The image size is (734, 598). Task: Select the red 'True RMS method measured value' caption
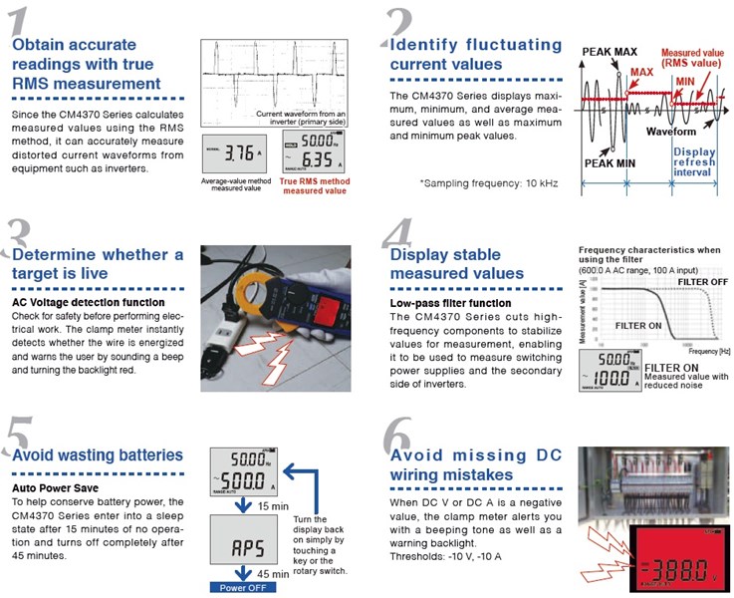tap(314, 185)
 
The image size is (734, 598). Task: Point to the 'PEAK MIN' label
tap(609, 161)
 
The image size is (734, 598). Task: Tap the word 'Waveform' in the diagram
tap(670, 131)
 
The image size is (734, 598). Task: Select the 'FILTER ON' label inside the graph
tap(640, 325)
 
